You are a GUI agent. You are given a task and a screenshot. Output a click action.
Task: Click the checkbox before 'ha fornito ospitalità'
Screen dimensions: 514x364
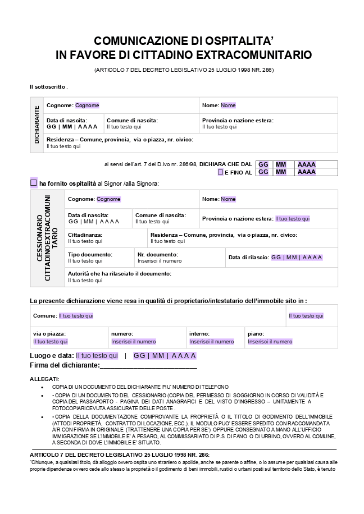click(x=34, y=183)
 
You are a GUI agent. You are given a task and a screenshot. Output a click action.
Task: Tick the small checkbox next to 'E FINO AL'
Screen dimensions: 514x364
click(x=220, y=172)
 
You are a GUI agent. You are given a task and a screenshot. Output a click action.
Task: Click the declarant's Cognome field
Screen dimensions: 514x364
click(x=87, y=105)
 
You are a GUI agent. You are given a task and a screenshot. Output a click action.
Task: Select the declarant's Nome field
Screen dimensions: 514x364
click(x=228, y=105)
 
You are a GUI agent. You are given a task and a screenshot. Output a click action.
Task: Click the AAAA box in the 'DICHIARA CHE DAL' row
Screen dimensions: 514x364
click(x=307, y=164)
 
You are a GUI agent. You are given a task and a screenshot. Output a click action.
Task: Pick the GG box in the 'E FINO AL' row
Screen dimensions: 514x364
click(x=263, y=172)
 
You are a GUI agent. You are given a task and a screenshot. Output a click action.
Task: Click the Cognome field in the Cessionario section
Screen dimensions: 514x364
click(x=108, y=199)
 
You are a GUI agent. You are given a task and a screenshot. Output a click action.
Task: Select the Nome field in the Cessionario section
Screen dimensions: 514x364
click(x=228, y=199)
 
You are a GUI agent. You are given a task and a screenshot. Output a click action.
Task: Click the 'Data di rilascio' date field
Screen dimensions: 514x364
click(x=297, y=258)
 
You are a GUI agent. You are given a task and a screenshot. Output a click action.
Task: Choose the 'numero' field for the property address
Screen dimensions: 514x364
click(x=134, y=342)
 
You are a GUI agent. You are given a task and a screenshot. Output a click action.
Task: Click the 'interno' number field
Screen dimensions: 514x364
click(x=211, y=342)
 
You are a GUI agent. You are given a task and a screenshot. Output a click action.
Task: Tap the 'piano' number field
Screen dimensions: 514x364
click(x=270, y=342)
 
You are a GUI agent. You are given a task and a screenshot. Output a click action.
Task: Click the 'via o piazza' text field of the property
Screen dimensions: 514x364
click(x=51, y=342)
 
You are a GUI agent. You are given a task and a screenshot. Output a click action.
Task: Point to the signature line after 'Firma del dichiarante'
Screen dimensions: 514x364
click(x=148, y=366)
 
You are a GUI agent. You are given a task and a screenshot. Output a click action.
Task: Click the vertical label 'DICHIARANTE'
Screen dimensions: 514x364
click(x=37, y=125)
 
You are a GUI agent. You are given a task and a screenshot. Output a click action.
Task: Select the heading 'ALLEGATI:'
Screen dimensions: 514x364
click(x=44, y=379)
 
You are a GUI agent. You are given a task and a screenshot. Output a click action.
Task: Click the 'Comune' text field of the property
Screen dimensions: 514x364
click(x=76, y=316)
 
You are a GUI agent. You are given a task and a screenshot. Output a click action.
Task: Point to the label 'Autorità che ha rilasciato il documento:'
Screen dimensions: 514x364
click(x=120, y=274)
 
